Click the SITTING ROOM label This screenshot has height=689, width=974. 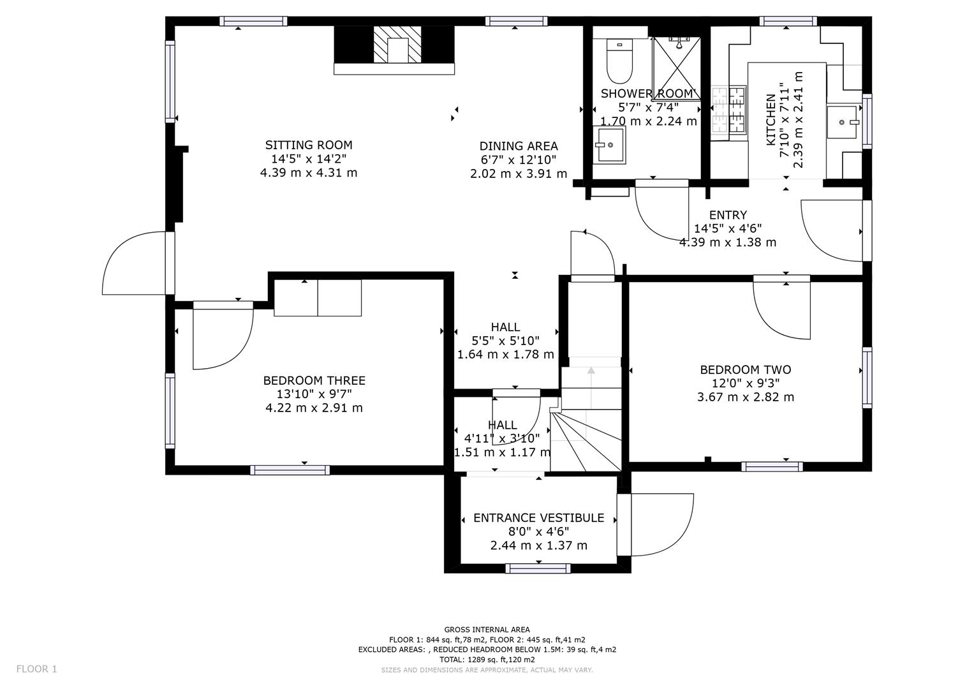309,145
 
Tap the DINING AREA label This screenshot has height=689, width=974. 519,145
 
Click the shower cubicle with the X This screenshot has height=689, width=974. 677,69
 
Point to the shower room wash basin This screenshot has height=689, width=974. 609,145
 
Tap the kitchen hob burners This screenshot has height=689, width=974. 729,110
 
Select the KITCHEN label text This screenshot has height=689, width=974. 771,120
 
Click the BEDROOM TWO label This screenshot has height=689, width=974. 745,370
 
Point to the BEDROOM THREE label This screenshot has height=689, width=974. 314,381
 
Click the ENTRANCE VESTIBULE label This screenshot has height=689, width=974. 539,517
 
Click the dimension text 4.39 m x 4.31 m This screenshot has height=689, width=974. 309,173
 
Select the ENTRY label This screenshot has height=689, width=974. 728,215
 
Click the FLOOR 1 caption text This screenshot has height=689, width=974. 36,669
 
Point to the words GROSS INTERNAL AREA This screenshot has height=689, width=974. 487,630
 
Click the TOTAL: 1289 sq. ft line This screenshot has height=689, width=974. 487,660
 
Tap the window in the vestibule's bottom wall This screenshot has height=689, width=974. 538,568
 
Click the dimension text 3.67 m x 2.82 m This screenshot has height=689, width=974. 745,397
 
